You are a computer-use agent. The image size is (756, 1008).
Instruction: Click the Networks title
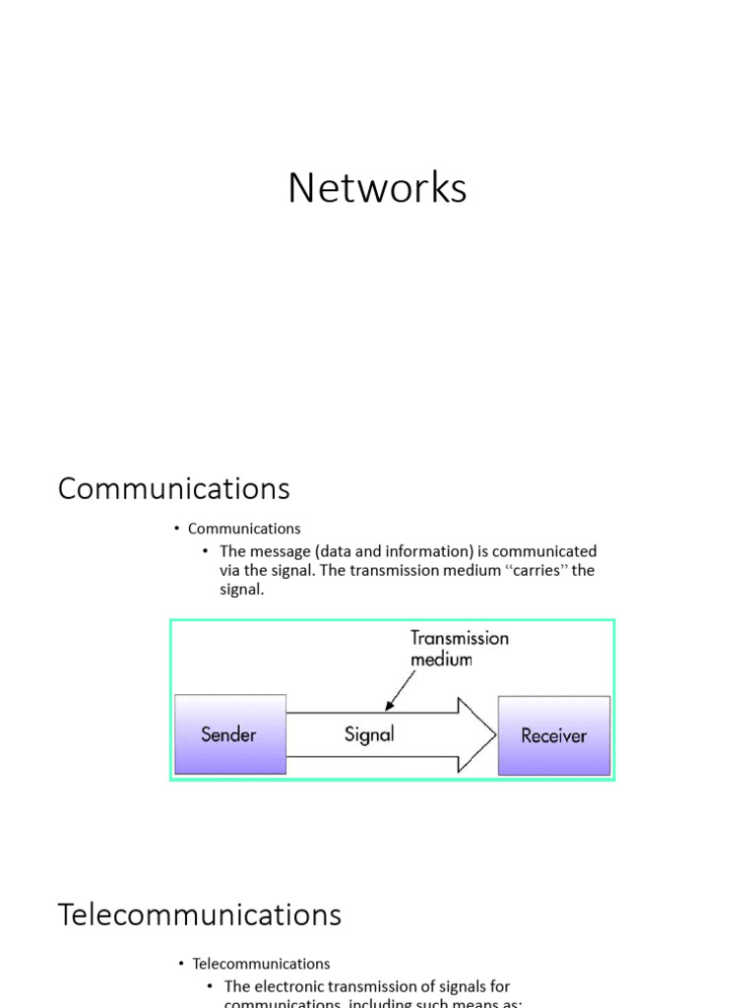pos(377,188)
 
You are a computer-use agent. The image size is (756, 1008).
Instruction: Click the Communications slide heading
pos(173,488)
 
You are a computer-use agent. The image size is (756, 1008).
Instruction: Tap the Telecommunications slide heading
pos(200,914)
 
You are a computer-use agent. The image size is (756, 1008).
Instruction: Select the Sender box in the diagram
pos(228,735)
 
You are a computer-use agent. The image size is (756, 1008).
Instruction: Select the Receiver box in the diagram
pos(553,735)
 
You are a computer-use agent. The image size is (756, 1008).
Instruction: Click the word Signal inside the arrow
pos(369,734)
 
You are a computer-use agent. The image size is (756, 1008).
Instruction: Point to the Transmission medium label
pos(459,648)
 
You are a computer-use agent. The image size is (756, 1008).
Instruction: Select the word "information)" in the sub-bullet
pos(433,551)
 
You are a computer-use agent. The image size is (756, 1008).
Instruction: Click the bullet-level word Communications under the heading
pos(244,529)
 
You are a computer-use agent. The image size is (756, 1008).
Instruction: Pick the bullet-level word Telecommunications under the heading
pos(261,964)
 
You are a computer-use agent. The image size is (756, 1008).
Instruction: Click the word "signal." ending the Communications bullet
pos(242,591)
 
